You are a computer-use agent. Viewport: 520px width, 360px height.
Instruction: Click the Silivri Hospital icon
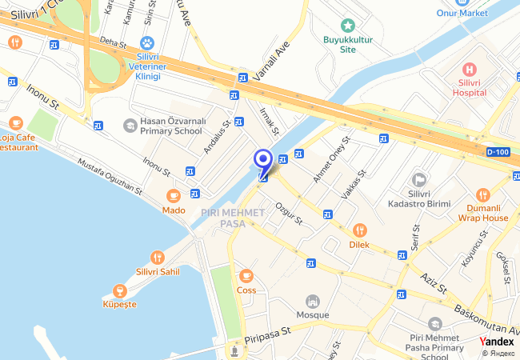pyautogui.click(x=468, y=69)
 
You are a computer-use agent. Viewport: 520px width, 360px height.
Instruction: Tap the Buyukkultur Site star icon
pyautogui.click(x=346, y=26)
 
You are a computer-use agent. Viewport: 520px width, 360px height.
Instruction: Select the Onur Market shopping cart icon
pyautogui.click(x=461, y=2)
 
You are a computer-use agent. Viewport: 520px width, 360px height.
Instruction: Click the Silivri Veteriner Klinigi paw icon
pyautogui.click(x=146, y=42)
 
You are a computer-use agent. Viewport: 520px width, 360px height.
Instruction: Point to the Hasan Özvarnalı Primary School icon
pyautogui.click(x=130, y=125)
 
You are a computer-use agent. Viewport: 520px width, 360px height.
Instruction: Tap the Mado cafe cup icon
pyautogui.click(x=173, y=196)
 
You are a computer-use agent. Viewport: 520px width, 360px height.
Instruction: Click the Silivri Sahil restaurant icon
pyautogui.click(x=157, y=258)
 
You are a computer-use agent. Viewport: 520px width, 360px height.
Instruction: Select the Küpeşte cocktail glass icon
pyautogui.click(x=120, y=290)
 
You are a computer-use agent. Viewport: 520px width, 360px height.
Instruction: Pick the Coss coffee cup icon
pyautogui.click(x=246, y=275)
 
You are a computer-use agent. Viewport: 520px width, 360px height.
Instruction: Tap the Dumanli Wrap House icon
pyautogui.click(x=483, y=194)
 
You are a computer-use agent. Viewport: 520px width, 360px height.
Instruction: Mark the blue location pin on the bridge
pyautogui.click(x=262, y=161)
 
